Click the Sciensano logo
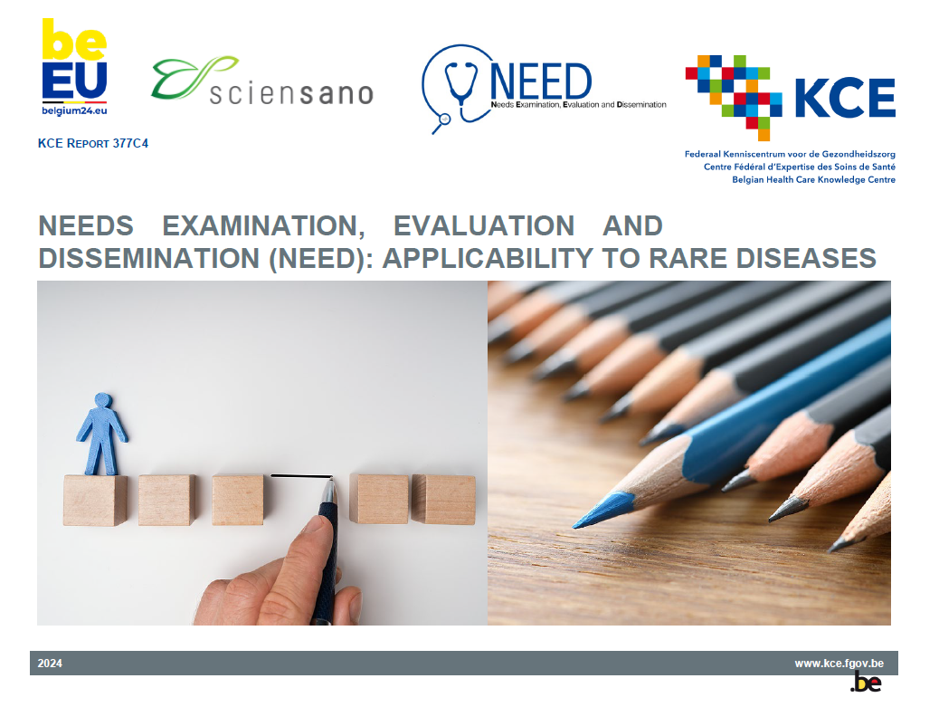point(261,82)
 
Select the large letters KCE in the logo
point(845,97)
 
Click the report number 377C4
point(128,143)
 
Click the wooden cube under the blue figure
point(95,500)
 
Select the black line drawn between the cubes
point(301,475)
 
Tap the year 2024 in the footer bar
point(50,664)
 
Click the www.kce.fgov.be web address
point(839,664)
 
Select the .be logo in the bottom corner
point(866,683)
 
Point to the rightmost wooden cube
point(444,500)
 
